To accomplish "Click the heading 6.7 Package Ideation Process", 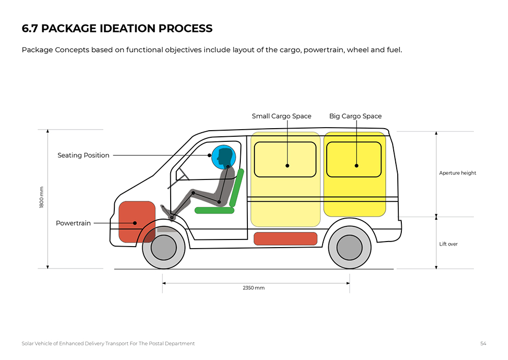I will [117, 28].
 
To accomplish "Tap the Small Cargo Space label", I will [281, 116].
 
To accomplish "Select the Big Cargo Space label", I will [355, 116].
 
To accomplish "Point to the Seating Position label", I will [83, 156].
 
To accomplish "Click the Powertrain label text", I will [73, 223].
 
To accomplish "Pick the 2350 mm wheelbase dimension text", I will [253, 288].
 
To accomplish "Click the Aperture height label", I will [458, 173].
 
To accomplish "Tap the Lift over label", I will [449, 244].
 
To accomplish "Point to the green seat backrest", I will [237, 187].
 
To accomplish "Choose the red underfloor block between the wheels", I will [285, 238].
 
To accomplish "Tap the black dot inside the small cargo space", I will [287, 166].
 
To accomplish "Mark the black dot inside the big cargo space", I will [357, 166].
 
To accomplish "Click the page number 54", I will [483, 344].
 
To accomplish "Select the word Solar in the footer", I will [28, 344].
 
